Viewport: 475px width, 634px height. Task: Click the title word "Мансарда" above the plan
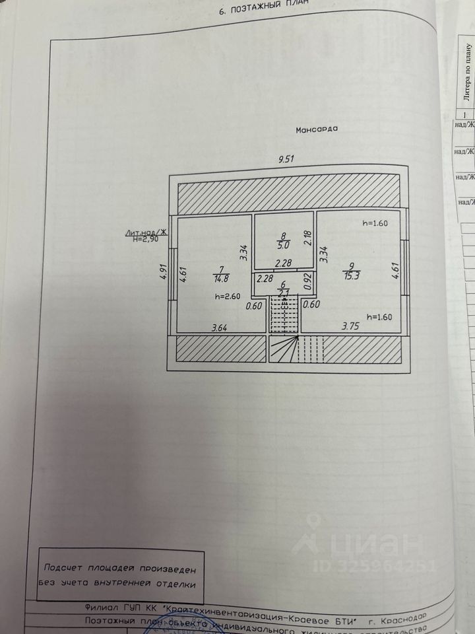click(317, 129)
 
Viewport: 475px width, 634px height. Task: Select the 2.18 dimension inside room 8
click(306, 238)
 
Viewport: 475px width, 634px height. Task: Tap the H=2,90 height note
click(145, 238)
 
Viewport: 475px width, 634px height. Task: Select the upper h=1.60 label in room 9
click(376, 223)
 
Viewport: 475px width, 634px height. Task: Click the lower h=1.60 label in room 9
click(379, 316)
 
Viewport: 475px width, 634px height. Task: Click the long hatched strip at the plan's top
click(288, 196)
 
